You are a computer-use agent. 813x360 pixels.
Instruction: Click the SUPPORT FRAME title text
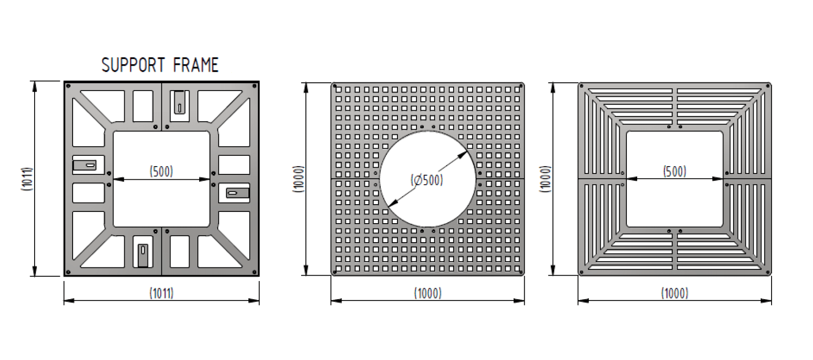(160, 65)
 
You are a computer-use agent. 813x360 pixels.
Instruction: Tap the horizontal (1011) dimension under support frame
(161, 293)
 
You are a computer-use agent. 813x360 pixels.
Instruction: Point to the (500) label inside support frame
(161, 171)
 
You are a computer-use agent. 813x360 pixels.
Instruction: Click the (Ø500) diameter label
(427, 180)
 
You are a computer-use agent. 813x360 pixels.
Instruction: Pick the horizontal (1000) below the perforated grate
(428, 293)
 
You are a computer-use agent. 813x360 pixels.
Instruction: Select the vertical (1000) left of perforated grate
(299, 179)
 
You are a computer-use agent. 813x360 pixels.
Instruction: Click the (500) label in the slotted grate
(675, 171)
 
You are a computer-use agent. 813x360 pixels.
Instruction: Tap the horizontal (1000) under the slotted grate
(675, 293)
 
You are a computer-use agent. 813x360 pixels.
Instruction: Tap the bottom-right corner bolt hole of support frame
(254, 271)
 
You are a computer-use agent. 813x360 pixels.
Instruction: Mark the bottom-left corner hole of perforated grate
(335, 272)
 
